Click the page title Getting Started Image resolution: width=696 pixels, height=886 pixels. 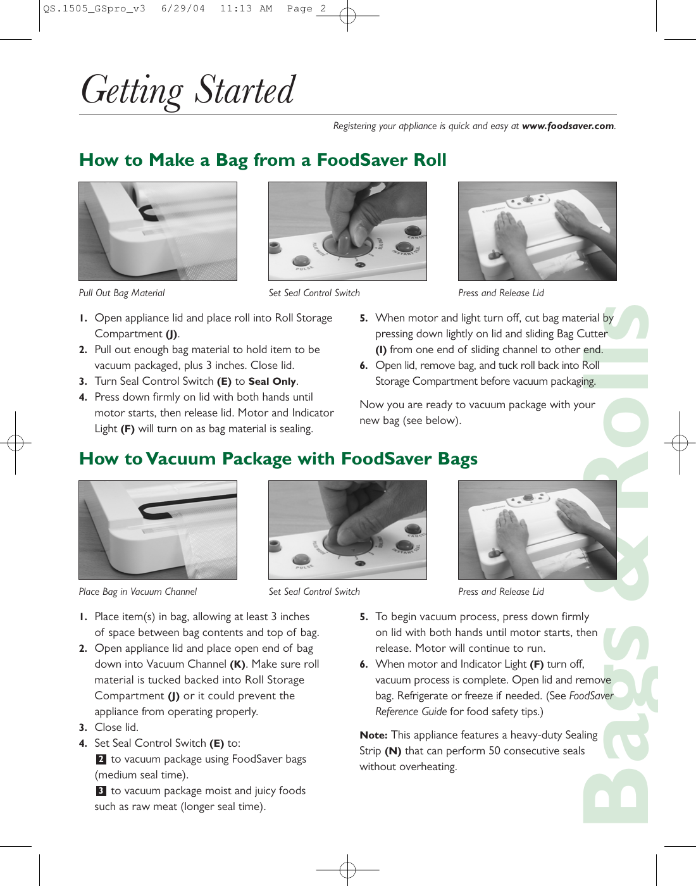pyautogui.click(x=188, y=90)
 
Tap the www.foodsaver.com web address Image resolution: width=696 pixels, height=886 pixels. pyautogui.click(x=568, y=126)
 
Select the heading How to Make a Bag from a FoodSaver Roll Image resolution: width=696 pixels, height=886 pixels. pyautogui.click(x=263, y=160)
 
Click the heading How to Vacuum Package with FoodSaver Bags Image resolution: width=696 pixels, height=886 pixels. pyautogui.click(x=278, y=459)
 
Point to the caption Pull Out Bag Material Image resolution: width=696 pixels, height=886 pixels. pyautogui.click(x=121, y=293)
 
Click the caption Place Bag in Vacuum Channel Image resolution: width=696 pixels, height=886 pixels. pyautogui.click(x=137, y=592)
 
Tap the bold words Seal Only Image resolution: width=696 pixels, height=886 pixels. pyautogui.click(x=272, y=382)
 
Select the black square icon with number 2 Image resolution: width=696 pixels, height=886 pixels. pyautogui.click(x=101, y=759)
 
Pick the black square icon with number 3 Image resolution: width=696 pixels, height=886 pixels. pyautogui.click(x=101, y=791)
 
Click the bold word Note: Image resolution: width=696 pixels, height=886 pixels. pyautogui.click(x=373, y=735)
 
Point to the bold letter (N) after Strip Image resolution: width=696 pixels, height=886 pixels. pyautogui.click(x=393, y=751)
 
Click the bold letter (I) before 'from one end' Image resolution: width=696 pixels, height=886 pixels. pyautogui.click(x=381, y=350)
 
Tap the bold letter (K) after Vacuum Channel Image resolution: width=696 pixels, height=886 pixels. pyautogui.click(x=237, y=664)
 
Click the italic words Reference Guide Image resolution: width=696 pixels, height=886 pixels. pyautogui.click(x=411, y=712)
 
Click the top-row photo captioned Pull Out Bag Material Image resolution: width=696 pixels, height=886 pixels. pyautogui.click(x=158, y=232)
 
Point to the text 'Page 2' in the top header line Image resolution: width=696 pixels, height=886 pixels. pyautogui.click(x=306, y=9)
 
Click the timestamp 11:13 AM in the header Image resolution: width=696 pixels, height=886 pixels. pyautogui.click(x=246, y=9)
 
